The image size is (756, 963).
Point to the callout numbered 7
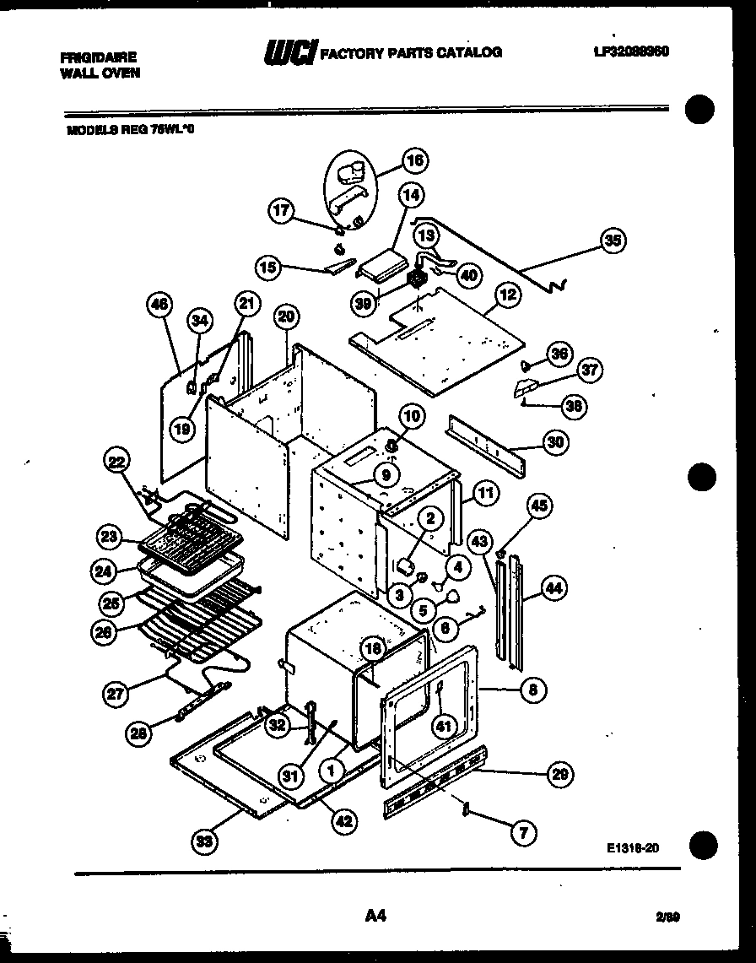[x=523, y=834]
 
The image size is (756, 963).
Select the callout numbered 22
[x=118, y=462]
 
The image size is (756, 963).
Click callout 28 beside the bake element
[x=140, y=734]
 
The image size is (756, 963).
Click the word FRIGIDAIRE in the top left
[x=99, y=57]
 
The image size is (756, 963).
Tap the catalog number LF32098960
[x=631, y=51]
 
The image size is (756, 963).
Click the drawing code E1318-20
[x=632, y=849]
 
